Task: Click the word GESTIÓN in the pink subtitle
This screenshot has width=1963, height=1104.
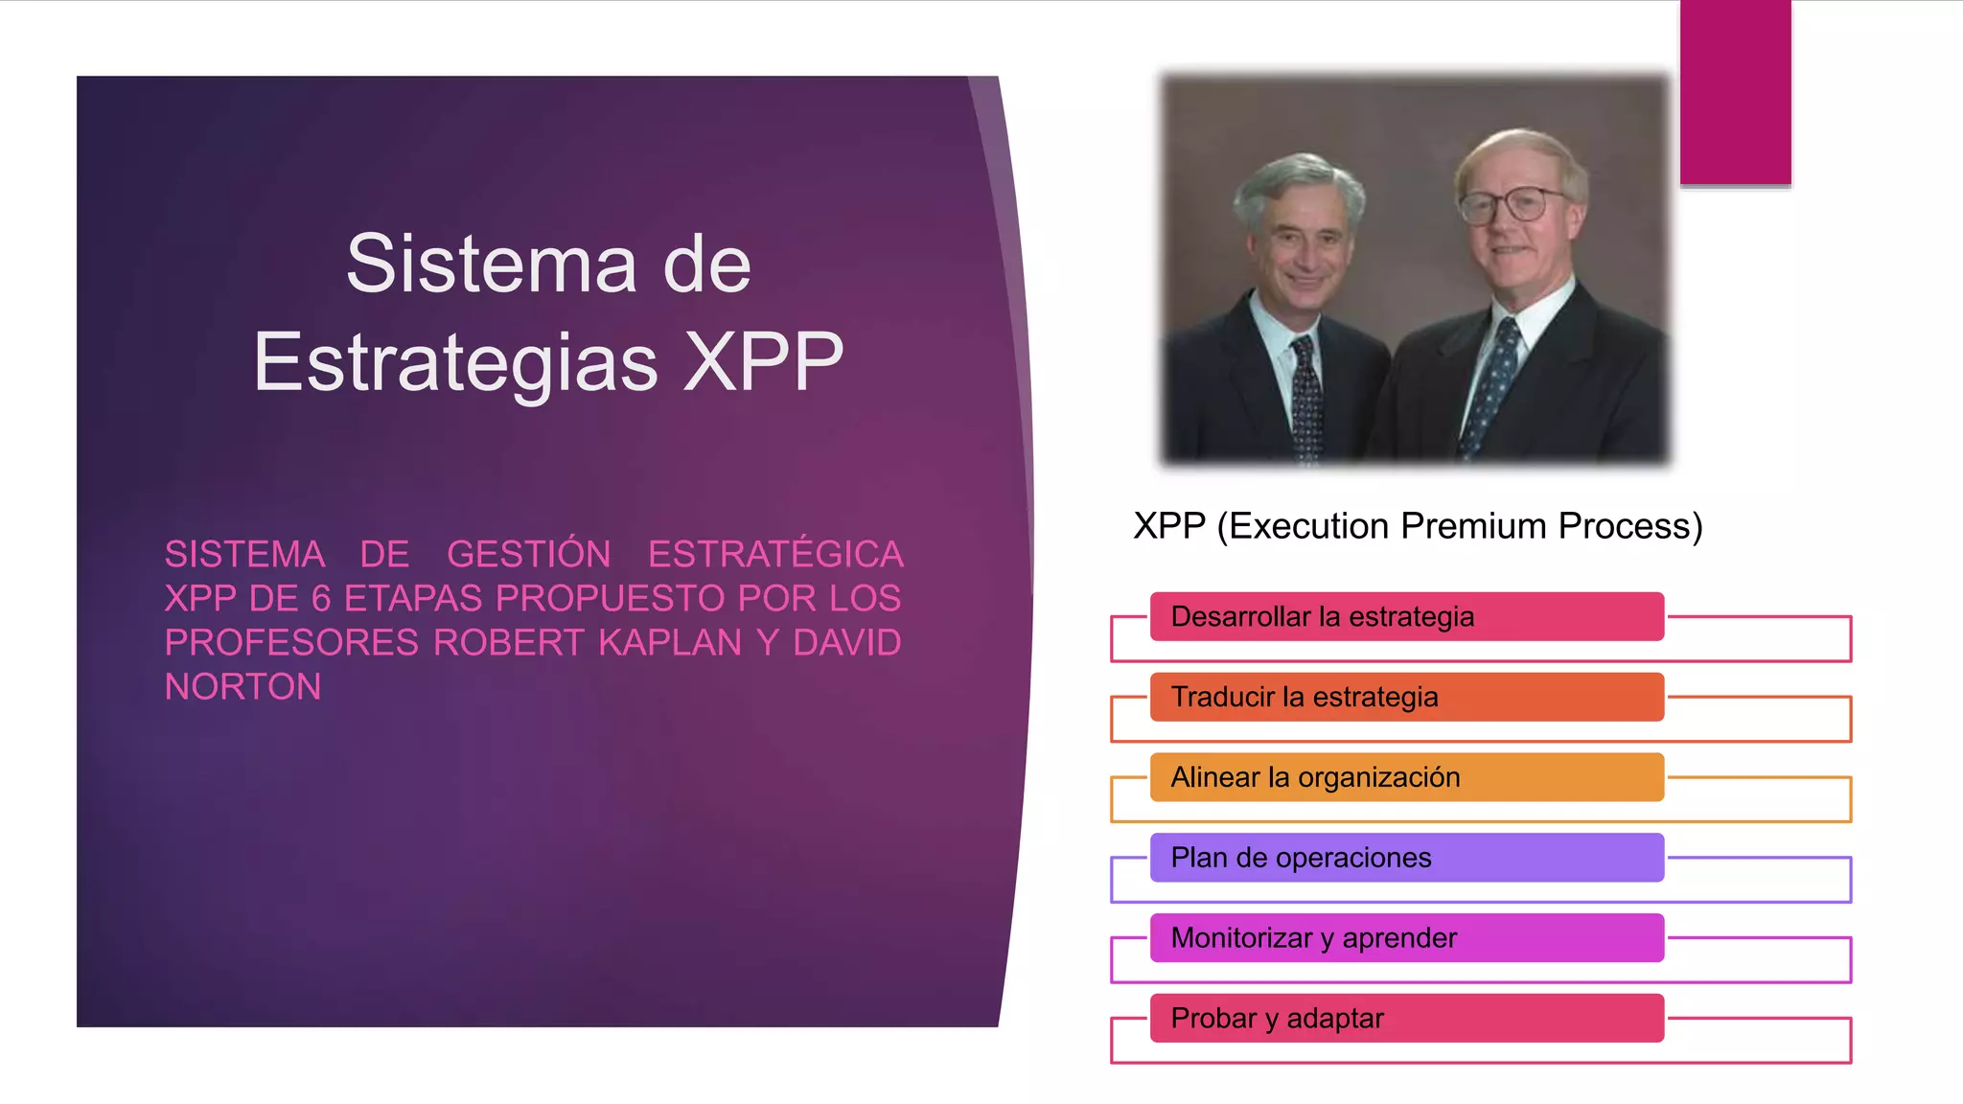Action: pos(528,554)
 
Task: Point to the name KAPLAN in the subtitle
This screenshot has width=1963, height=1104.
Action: pos(670,642)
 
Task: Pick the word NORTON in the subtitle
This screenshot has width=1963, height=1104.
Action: pos(242,686)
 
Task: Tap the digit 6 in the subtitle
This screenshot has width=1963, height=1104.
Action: pos(321,598)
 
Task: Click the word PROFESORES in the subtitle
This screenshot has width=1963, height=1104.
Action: pos(291,642)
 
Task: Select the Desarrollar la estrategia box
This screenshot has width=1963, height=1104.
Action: pos(1406,616)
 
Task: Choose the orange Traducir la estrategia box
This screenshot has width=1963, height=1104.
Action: pos(1406,697)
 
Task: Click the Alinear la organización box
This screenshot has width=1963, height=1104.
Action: pos(1406,777)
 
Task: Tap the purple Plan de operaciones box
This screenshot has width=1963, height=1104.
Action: pos(1406,858)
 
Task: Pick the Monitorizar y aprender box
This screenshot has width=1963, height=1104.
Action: pos(1406,938)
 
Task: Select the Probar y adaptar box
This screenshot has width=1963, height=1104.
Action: pos(1406,1018)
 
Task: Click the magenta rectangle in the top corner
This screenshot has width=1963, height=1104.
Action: pos(1735,92)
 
